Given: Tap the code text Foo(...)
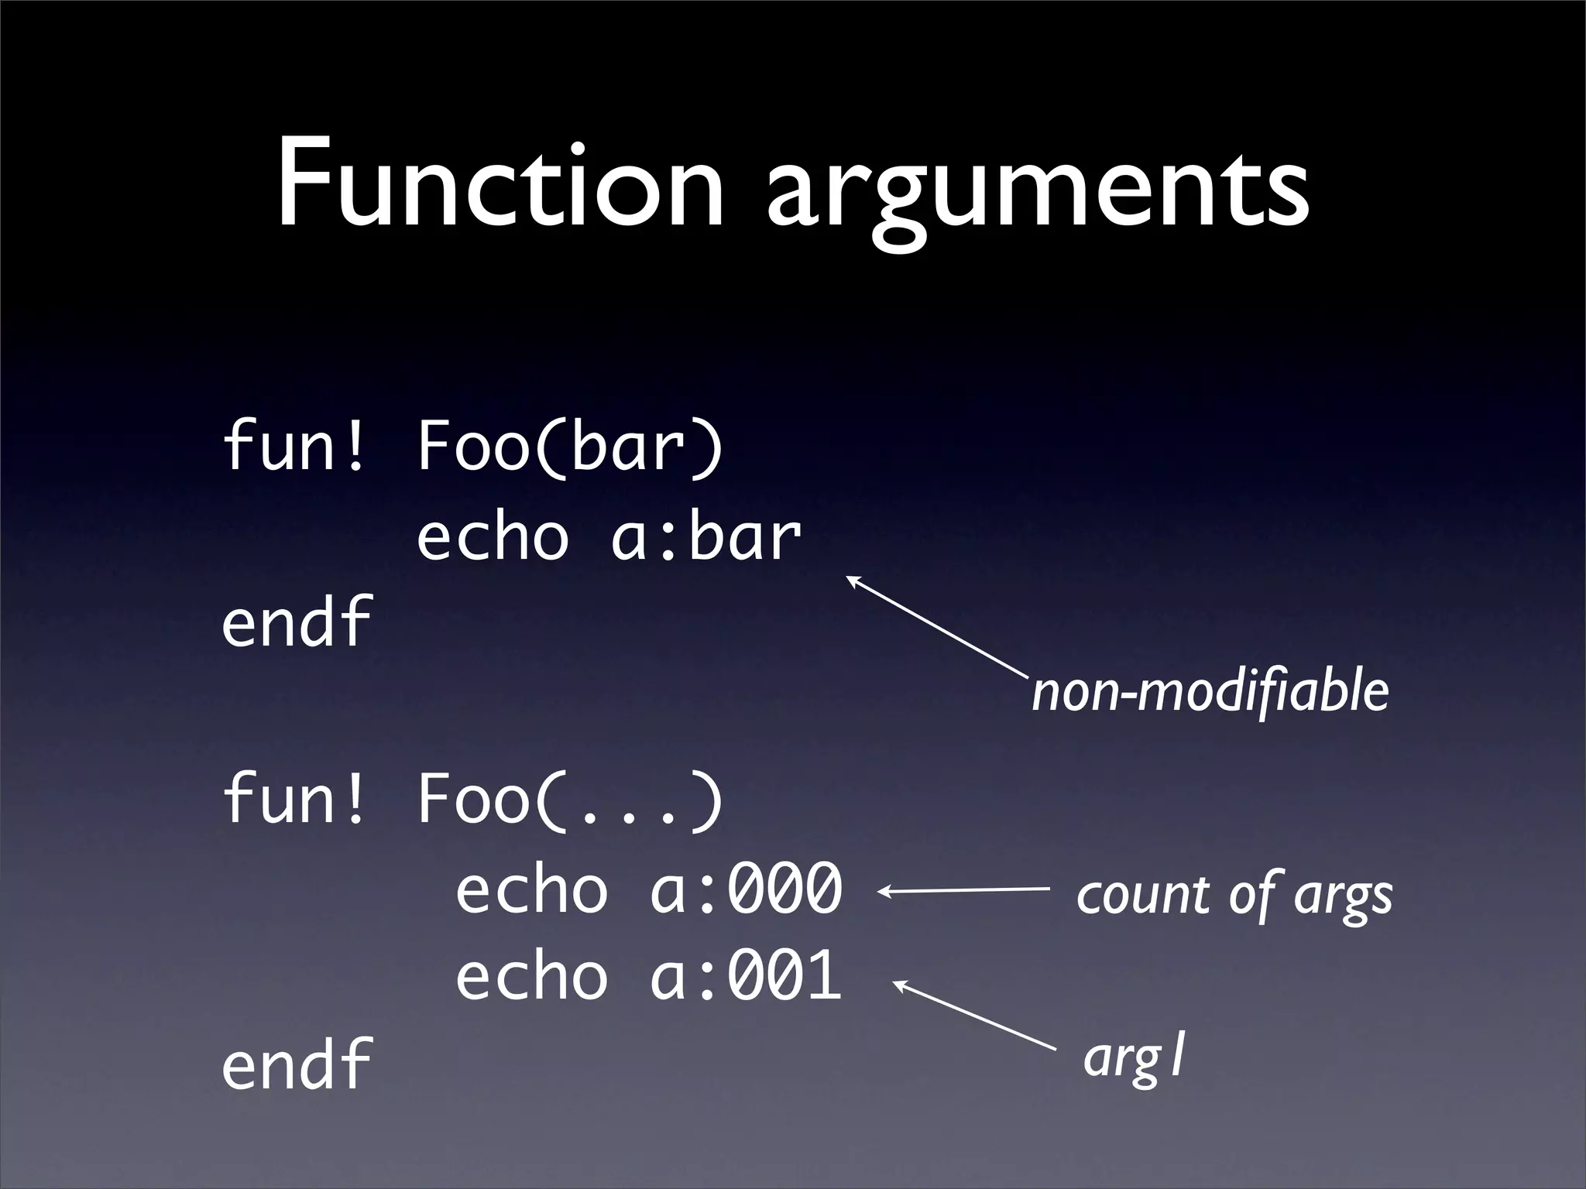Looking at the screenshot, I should click(x=570, y=801).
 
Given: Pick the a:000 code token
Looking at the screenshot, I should click(x=745, y=890).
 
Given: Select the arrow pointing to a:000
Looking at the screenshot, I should click(x=964, y=891).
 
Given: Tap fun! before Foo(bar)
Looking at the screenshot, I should click(x=293, y=449).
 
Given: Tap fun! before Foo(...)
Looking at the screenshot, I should click(x=293, y=801).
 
